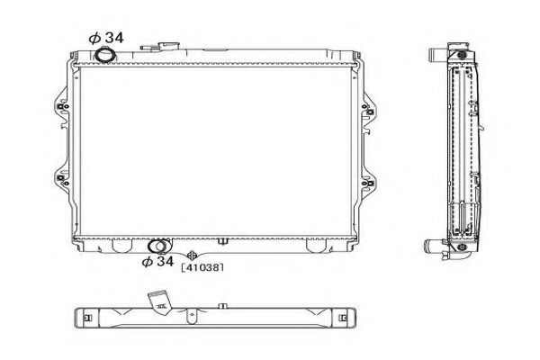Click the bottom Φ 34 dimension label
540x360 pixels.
(158, 262)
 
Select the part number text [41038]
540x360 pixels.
(202, 267)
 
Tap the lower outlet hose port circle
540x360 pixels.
(157, 245)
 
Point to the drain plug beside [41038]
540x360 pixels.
(192, 255)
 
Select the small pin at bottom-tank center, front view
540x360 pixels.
(221, 240)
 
